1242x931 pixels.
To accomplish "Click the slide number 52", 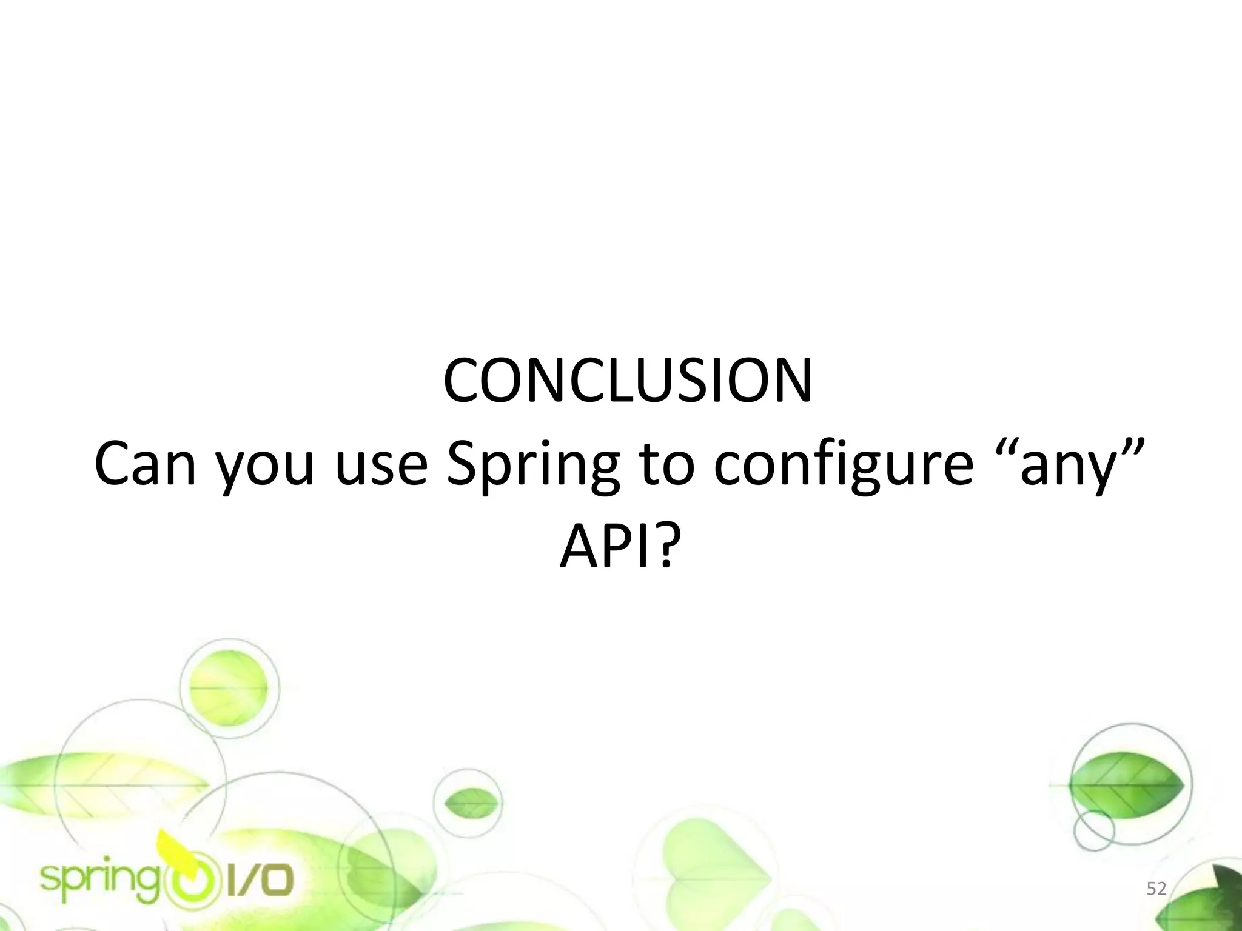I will [x=1156, y=889].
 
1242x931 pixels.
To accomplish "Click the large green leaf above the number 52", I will [x=1127, y=785].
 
